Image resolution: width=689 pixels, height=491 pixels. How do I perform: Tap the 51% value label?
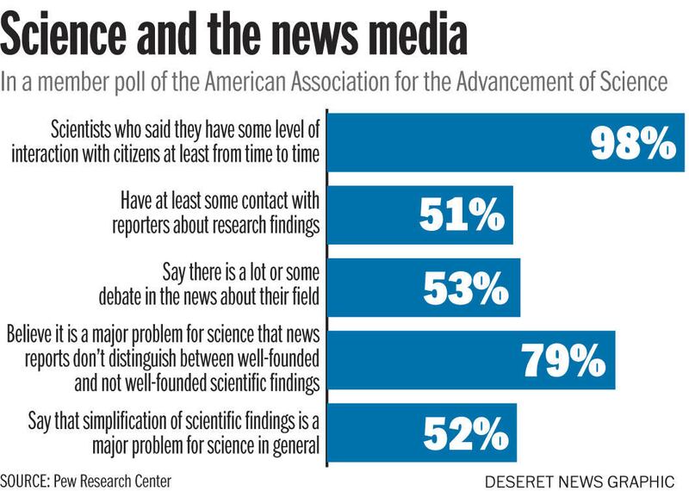coord(462,215)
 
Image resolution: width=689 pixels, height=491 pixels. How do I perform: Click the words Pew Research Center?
coord(121,478)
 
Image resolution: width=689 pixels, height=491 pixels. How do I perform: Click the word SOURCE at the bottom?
coord(27,478)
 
